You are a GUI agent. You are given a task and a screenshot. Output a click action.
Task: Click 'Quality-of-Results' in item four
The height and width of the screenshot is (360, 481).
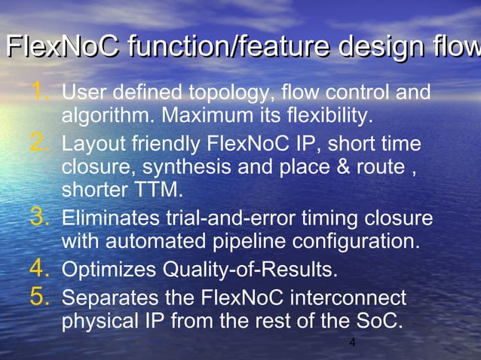(x=250, y=270)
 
